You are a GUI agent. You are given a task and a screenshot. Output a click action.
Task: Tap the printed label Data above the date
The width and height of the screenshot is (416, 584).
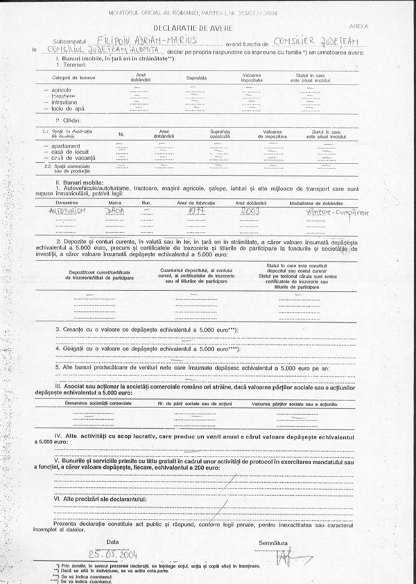(113, 542)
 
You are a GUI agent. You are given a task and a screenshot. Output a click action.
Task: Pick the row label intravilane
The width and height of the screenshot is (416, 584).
(64, 103)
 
